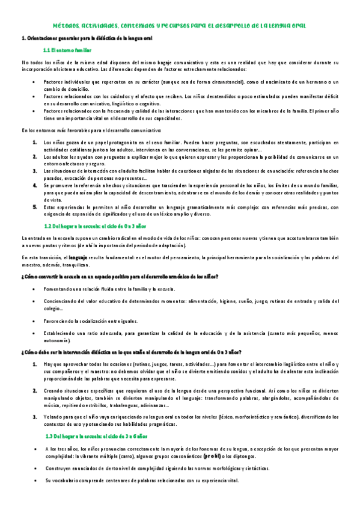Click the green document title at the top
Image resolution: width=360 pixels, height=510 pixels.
pos(180,26)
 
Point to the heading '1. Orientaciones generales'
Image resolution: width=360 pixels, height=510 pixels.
pos(87,38)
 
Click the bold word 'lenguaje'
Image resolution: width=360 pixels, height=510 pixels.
pos(82,258)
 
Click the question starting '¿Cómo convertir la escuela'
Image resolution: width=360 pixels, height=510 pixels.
pos(120,276)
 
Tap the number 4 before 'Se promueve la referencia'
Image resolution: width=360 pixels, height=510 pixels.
pos(35,186)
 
